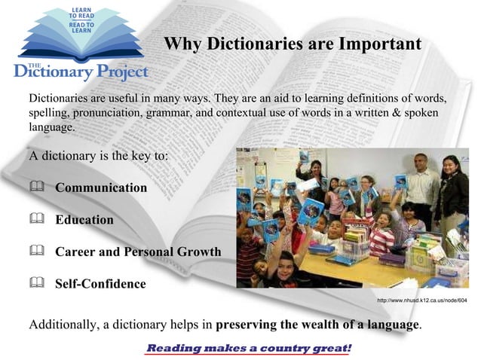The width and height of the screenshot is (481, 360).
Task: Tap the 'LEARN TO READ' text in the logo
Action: [x=81, y=14]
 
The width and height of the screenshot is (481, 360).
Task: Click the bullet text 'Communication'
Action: [x=101, y=188]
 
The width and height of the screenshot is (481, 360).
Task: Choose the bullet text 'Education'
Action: [x=84, y=220]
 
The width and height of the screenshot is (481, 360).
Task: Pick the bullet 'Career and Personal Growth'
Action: [x=138, y=252]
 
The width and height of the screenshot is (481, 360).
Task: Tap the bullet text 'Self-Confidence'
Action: [x=100, y=284]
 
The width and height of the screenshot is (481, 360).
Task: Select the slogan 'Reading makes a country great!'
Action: [x=248, y=349]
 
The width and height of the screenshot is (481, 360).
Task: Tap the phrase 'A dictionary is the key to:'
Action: [x=98, y=157]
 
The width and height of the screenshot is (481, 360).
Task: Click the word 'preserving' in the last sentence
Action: [x=248, y=325]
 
